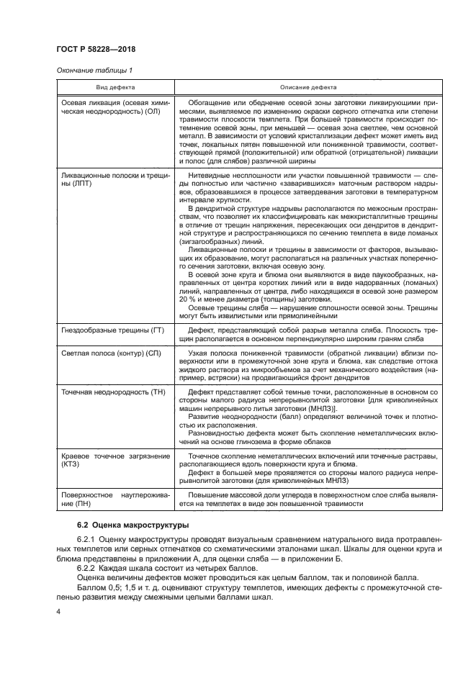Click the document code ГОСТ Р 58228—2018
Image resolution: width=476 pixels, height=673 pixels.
(x=96, y=49)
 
